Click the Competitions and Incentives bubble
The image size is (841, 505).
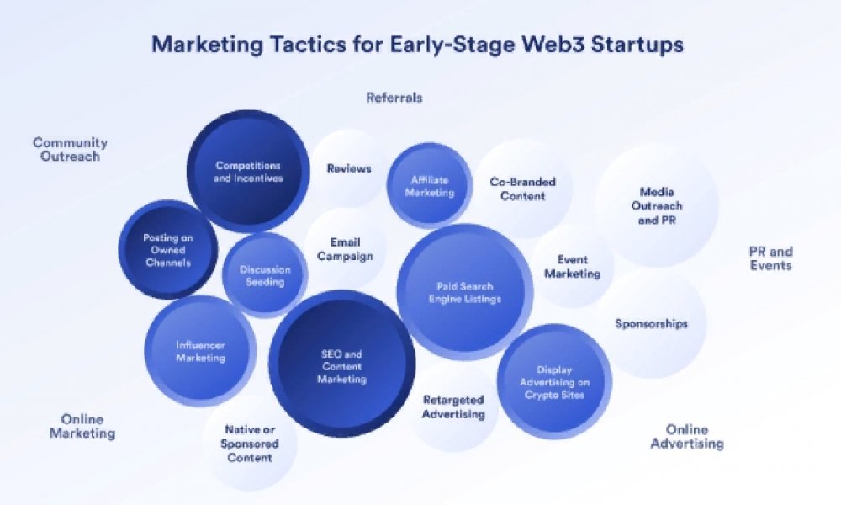click(248, 172)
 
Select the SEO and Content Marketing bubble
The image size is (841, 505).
click(341, 364)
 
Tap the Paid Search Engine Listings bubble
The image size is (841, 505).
click(464, 292)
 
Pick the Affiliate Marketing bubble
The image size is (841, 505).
click(429, 186)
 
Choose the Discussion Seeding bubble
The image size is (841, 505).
click(265, 275)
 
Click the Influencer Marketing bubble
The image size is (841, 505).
click(200, 351)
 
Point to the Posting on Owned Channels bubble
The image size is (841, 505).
click(168, 250)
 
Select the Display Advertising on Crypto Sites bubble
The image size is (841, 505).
click(554, 381)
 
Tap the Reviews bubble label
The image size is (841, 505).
click(349, 168)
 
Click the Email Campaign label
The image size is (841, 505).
click(345, 249)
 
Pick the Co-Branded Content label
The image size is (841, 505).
click(522, 189)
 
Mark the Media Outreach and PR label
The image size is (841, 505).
click(657, 205)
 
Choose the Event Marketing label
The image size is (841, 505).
click(572, 266)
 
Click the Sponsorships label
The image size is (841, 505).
click(651, 323)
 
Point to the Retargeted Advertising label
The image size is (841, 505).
click(453, 407)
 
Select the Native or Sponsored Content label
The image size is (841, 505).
click(250, 444)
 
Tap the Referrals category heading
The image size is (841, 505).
click(394, 97)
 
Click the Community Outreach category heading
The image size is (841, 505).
click(71, 149)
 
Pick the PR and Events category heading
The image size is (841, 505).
click(770, 258)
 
